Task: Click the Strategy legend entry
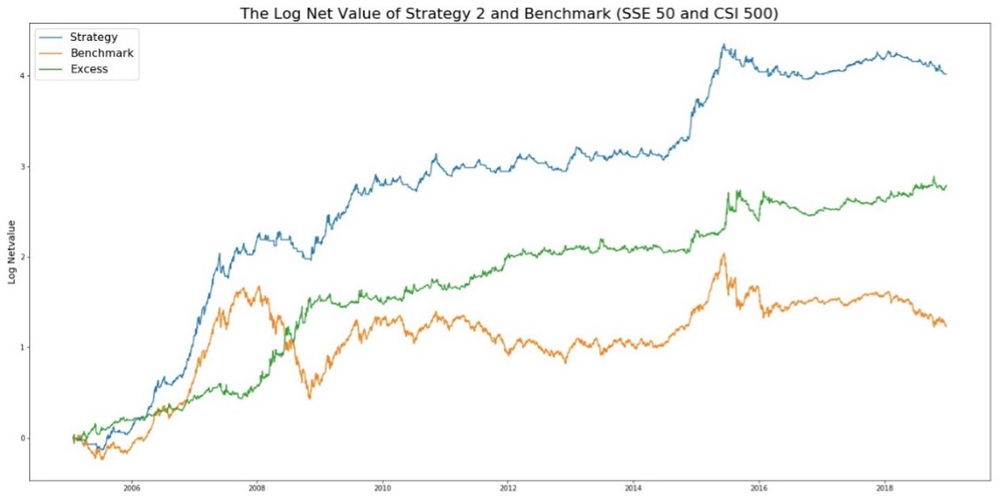92,37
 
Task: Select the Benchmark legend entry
101,53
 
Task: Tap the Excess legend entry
89,69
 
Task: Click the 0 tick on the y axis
20,438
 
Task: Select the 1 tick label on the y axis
20,348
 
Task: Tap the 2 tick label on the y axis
20,257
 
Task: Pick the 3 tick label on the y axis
20,167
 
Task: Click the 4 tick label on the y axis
20,76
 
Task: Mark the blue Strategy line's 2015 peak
723,44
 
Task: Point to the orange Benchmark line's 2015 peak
723,254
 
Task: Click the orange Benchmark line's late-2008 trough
309,398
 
